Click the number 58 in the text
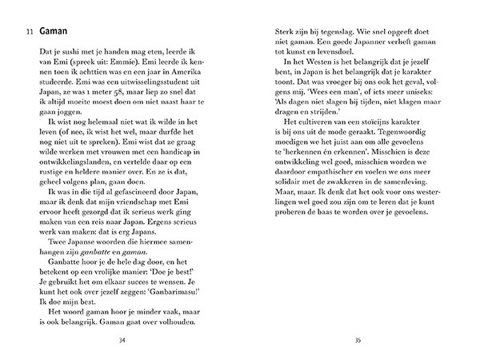pos(122,100)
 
